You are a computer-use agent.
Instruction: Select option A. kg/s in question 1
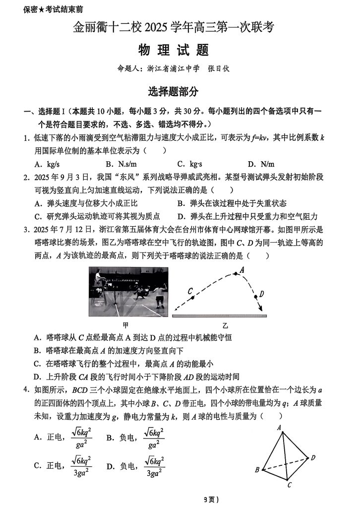coord(47,164)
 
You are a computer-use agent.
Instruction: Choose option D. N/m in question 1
coord(261,164)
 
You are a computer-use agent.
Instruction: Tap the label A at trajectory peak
coord(242,270)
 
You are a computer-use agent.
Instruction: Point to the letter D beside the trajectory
coord(262,293)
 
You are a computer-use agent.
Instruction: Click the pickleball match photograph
coord(128,292)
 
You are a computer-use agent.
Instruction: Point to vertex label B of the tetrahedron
coord(257,470)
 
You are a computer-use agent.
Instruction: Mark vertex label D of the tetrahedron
coord(313,457)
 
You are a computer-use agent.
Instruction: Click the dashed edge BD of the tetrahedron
coord(285,463)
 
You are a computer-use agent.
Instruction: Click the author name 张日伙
coord(219,69)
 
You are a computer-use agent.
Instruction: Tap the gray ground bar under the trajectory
coord(219,316)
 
